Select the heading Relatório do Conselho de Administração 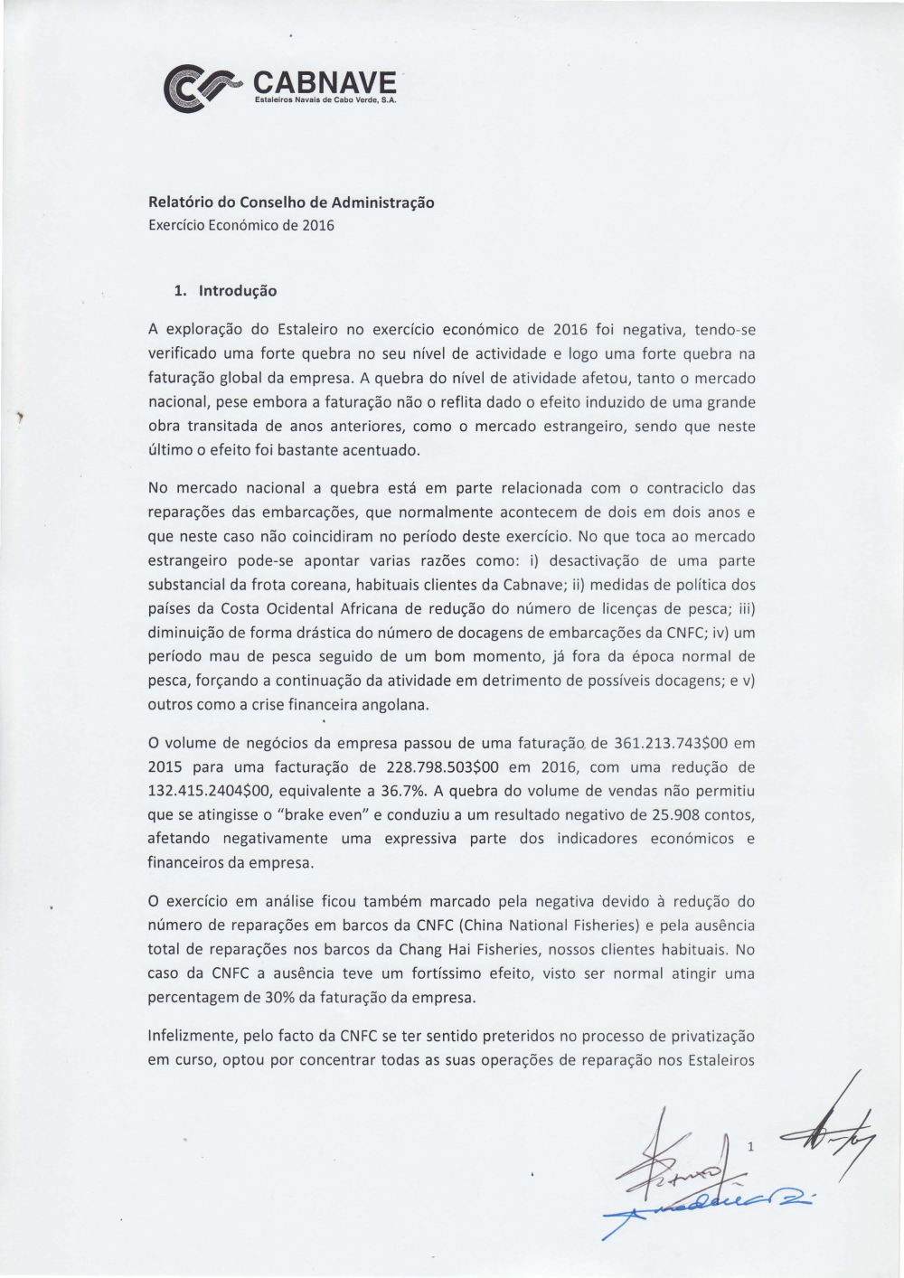coord(291,202)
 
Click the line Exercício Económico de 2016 coord(240,225)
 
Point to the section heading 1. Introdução coord(226,291)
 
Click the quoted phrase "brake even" coord(327,814)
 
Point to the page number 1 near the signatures coord(750,1147)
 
